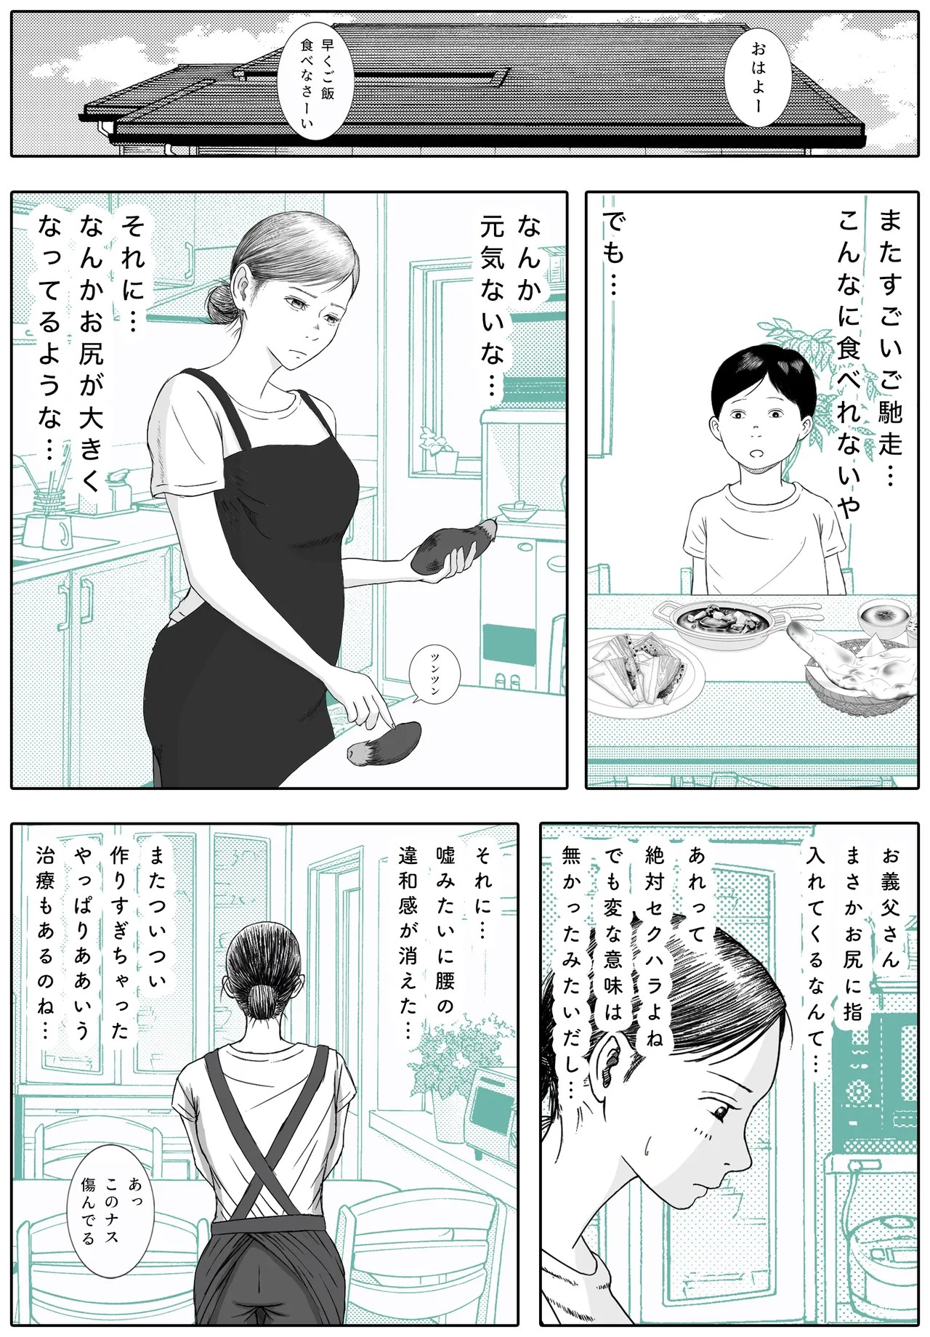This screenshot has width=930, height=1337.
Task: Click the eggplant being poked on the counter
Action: (382, 743)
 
